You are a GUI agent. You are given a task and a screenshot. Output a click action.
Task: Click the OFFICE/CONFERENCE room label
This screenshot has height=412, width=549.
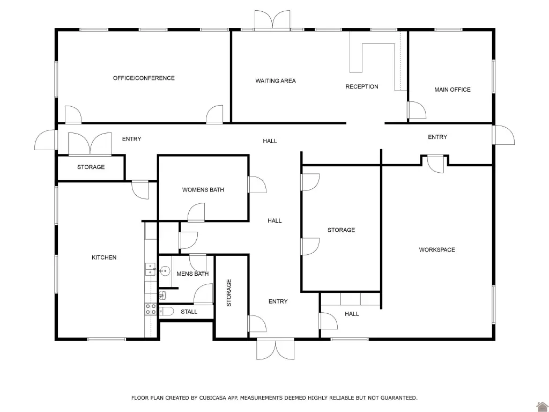(x=144, y=78)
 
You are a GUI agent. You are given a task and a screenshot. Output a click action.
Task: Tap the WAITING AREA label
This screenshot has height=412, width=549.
(x=276, y=81)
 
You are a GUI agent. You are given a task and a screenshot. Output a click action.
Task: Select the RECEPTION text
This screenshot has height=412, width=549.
(x=362, y=86)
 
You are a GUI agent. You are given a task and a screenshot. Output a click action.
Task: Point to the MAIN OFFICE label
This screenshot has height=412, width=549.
(x=452, y=90)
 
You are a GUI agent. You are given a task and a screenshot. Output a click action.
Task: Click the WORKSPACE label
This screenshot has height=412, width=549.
(x=437, y=250)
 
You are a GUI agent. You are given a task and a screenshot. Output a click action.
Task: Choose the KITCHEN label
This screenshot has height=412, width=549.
(x=104, y=257)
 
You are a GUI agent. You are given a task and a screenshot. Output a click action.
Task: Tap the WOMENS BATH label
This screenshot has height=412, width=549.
(x=203, y=190)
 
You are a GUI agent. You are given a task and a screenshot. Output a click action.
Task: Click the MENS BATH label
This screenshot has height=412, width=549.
(x=192, y=274)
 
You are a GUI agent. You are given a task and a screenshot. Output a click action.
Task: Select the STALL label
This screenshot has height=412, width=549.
(x=189, y=312)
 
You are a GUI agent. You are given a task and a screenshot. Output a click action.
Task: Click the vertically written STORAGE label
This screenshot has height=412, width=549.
(x=229, y=293)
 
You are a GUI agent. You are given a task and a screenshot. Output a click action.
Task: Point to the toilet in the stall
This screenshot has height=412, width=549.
(x=166, y=312)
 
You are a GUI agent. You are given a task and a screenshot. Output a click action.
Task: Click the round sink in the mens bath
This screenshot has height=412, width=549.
(x=165, y=271)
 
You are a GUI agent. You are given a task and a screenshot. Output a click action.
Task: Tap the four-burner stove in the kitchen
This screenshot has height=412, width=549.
(x=151, y=309)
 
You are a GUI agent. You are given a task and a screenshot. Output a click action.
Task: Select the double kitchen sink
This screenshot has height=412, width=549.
(x=151, y=269)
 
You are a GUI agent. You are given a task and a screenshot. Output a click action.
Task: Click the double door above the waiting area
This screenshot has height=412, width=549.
(x=272, y=20)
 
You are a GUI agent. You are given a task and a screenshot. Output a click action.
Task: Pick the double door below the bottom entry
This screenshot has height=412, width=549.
(x=276, y=349)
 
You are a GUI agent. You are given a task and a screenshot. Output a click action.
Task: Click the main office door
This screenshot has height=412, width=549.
(x=417, y=110)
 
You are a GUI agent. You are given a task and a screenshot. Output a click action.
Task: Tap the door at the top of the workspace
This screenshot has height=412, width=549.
(x=435, y=164)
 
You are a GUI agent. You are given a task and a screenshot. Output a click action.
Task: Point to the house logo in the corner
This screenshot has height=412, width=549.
(x=542, y=407)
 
